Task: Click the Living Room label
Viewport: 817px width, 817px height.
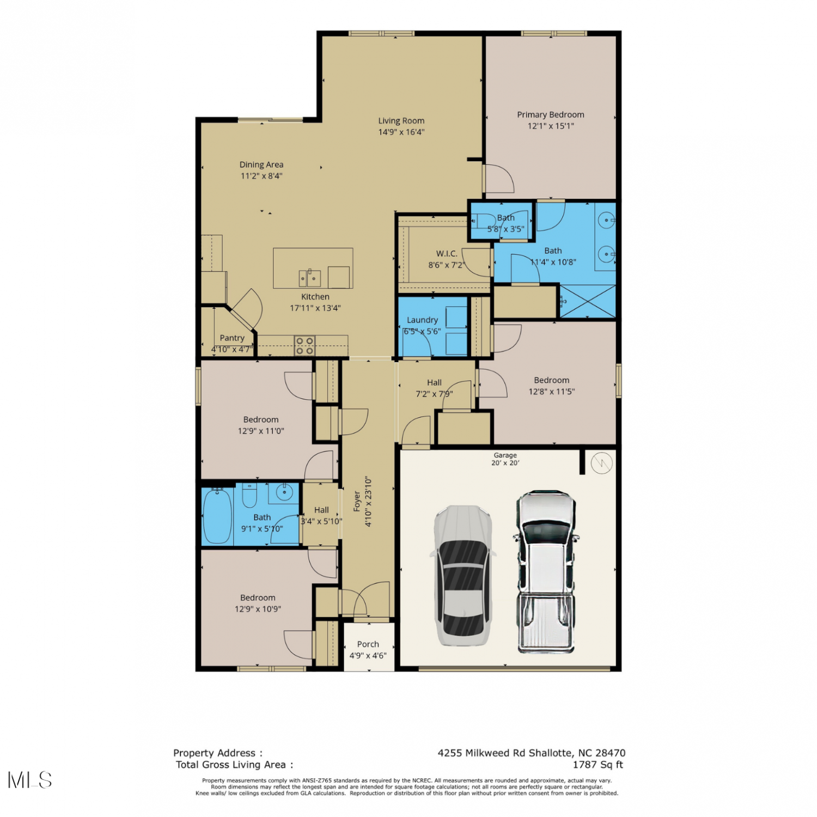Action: click(x=401, y=121)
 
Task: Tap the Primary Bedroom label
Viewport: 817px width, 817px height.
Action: click(x=551, y=115)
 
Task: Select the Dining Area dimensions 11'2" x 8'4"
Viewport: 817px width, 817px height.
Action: click(x=261, y=176)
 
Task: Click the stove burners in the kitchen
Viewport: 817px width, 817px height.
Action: click(x=304, y=346)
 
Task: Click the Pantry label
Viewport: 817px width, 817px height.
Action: click(x=232, y=338)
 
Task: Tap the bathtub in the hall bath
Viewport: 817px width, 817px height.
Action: click(x=217, y=515)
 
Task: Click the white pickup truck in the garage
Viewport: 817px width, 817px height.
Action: click(x=545, y=571)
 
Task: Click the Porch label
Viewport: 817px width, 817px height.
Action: click(x=368, y=644)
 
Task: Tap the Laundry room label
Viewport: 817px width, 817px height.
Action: click(x=423, y=320)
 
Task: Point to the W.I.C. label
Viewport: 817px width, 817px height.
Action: click(x=447, y=254)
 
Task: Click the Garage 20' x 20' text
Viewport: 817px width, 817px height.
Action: click(x=505, y=459)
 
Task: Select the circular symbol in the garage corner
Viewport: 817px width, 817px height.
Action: click(x=602, y=464)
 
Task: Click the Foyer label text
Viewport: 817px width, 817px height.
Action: click(x=357, y=501)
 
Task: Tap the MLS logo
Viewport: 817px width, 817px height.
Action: click(x=30, y=780)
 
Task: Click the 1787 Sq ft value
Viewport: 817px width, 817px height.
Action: click(x=598, y=765)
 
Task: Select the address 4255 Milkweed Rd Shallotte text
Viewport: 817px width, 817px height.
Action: click(x=505, y=753)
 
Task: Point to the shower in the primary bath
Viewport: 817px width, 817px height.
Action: click(x=588, y=301)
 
